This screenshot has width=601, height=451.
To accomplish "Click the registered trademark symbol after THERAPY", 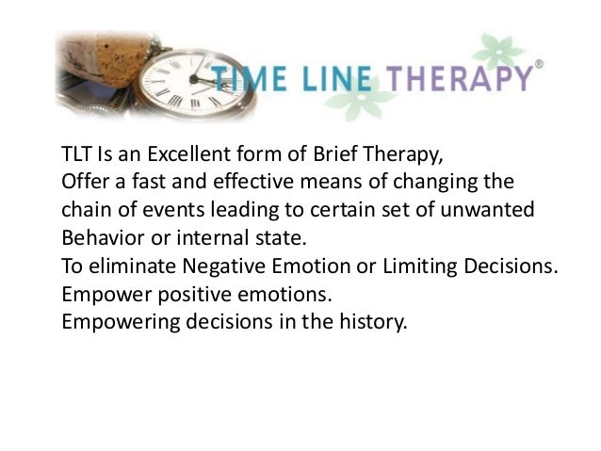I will click(538, 65).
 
